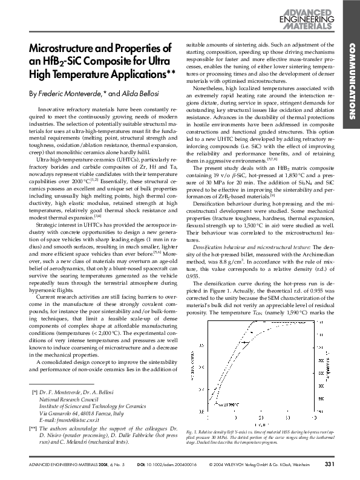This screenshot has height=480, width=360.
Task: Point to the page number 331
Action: point(329,464)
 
